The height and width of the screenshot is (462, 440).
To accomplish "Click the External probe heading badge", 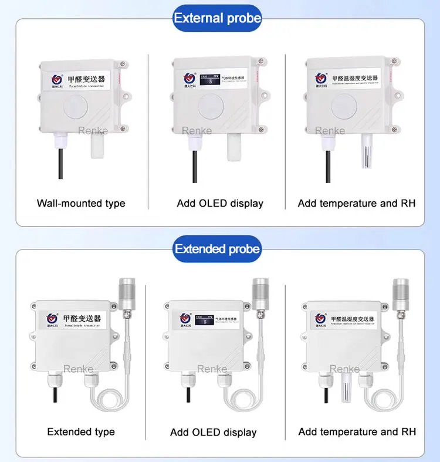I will (217, 18).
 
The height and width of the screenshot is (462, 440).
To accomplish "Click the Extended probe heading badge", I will (217, 249).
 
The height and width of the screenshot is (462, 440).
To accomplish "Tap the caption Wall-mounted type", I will (81, 204).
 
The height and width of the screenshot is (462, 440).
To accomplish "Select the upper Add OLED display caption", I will (220, 204).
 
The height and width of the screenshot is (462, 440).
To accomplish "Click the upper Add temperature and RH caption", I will (357, 204).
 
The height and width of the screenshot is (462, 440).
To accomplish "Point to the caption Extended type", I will (81, 432).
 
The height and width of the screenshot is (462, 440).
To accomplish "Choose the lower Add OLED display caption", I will (214, 433).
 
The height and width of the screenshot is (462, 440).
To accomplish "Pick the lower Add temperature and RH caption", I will (357, 432).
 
